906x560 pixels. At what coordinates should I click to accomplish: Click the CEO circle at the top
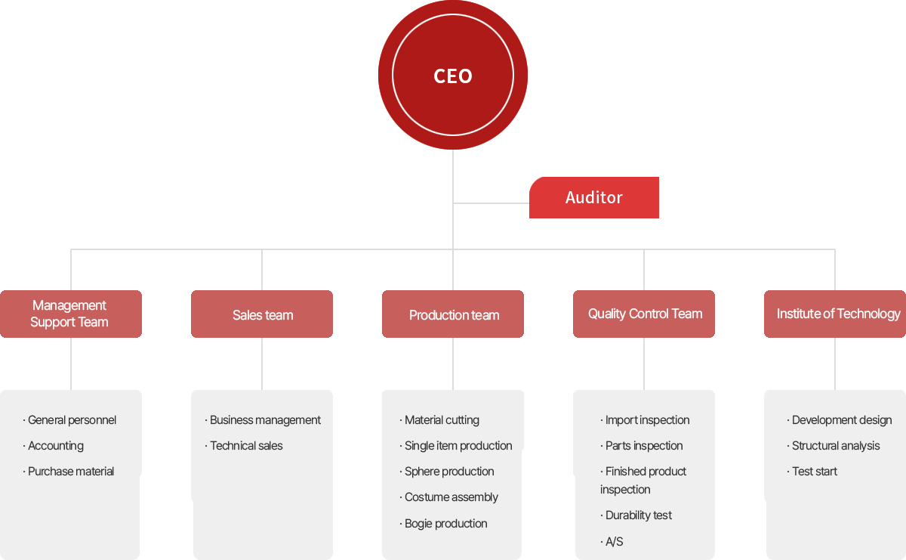[x=452, y=75]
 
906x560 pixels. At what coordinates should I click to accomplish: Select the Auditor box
[x=593, y=197]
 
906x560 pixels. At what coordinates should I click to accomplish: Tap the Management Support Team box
[x=71, y=314]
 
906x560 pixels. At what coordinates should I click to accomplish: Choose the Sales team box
[x=262, y=314]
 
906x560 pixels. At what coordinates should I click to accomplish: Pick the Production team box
[x=452, y=314]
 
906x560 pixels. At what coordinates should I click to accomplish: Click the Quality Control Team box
[x=644, y=314]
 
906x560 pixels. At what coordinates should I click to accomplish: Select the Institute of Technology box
[x=835, y=314]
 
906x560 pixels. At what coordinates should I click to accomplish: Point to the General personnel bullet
[x=69, y=420]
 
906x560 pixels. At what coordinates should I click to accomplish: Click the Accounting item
[x=54, y=446]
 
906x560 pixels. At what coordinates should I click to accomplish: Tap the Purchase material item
[x=69, y=472]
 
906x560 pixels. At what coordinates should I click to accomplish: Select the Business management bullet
[x=263, y=420]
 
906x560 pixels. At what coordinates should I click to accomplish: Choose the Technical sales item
[x=244, y=446]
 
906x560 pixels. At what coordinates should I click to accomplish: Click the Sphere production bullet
[x=447, y=472]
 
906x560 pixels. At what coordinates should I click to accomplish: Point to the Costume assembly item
[x=449, y=497]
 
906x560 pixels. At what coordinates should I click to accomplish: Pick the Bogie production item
[x=443, y=524]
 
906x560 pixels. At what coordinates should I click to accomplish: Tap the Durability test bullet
[x=636, y=515]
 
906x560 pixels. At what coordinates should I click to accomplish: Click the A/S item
[x=612, y=541]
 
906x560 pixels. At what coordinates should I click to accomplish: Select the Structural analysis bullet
[x=834, y=446]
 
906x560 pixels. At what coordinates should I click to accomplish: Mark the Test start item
[x=812, y=472]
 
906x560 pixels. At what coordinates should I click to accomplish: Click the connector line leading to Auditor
[x=491, y=203]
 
